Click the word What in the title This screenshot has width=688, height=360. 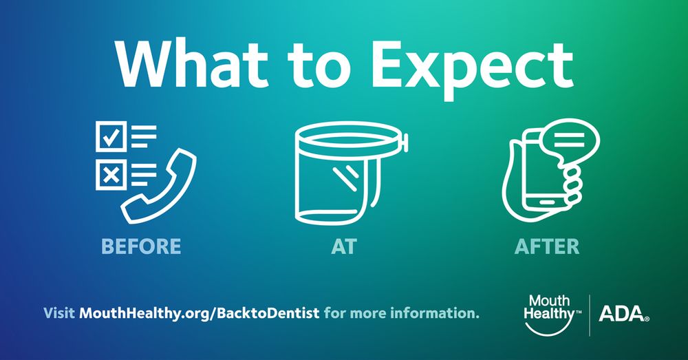pos(192,65)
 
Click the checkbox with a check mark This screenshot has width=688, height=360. pos(111,136)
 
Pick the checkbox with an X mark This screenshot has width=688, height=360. pos(111,174)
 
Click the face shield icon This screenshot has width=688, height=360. pos(352,173)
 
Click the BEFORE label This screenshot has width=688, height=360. pos(141,246)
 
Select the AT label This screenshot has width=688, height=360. pos(344,246)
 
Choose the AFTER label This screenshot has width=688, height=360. pos(547,246)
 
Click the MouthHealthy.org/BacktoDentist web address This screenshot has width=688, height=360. pos(200,313)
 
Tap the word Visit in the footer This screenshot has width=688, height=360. pos(58,313)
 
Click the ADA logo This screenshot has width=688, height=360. pos(624,314)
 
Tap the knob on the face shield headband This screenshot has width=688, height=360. pos(405,142)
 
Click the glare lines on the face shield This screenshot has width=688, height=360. pos(346,178)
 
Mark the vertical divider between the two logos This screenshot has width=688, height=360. pos(590,315)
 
